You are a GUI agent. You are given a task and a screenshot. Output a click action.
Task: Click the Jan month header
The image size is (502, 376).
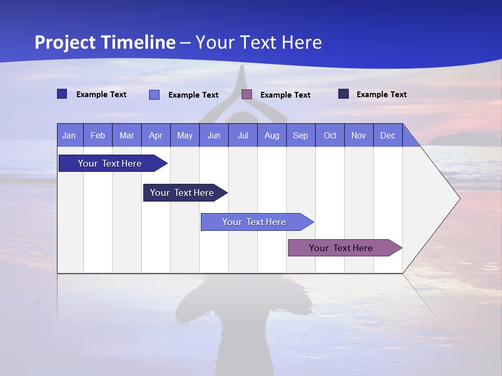(x=69, y=135)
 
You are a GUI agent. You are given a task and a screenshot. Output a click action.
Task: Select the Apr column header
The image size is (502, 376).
(x=155, y=135)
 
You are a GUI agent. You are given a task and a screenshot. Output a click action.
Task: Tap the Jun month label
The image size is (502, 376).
(x=214, y=135)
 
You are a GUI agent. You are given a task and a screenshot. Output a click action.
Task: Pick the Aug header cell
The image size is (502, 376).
(x=271, y=135)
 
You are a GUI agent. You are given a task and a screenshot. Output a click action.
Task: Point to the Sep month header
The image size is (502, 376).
(x=300, y=135)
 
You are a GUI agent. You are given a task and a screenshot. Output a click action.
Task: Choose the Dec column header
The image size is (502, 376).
(x=387, y=135)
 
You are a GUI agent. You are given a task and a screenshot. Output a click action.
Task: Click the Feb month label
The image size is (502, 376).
(x=98, y=135)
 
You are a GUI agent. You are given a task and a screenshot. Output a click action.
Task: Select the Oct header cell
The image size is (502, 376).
(x=330, y=135)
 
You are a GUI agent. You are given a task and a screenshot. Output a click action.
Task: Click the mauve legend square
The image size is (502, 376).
(x=247, y=95)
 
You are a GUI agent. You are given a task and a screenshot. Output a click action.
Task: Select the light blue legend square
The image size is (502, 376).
(x=154, y=95)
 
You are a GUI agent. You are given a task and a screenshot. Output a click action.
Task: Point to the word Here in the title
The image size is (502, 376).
(x=302, y=42)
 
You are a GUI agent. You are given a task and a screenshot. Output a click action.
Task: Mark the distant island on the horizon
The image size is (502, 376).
(x=460, y=138)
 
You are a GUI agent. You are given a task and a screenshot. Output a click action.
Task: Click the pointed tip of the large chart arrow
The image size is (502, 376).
(x=459, y=198)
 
